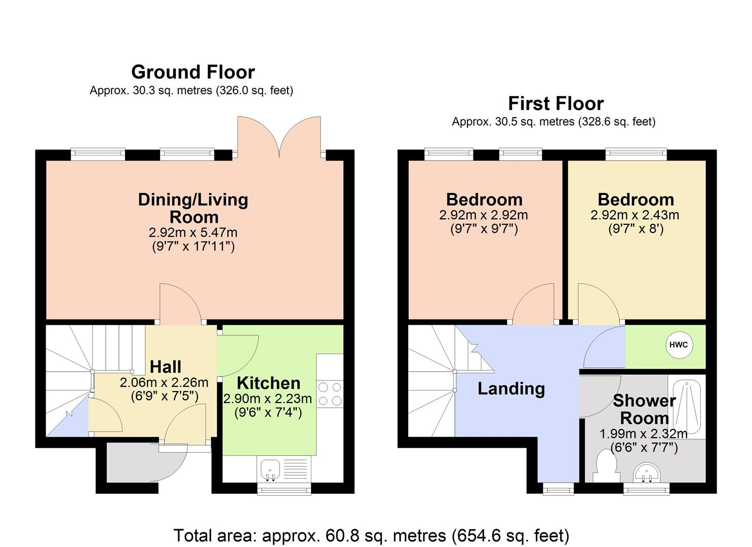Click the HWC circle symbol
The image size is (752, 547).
click(x=678, y=345)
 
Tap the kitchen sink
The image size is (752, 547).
click(x=270, y=470)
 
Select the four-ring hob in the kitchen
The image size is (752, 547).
click(x=330, y=394)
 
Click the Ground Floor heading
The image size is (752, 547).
click(x=192, y=72)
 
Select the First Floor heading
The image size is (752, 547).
click(x=556, y=103)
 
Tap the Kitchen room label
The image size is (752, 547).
click(x=268, y=383)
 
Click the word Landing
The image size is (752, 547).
click(x=511, y=388)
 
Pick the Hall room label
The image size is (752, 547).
click(x=166, y=367)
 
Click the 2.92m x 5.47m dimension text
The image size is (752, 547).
click(x=193, y=232)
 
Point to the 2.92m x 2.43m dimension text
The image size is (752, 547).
click(x=635, y=215)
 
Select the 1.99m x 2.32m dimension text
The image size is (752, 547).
click(x=643, y=434)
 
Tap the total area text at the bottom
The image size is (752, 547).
click(x=371, y=535)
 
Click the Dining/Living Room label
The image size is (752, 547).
click(x=193, y=208)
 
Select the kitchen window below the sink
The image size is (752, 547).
click(x=284, y=489)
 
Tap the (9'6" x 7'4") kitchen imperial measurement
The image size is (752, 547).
click(x=268, y=412)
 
